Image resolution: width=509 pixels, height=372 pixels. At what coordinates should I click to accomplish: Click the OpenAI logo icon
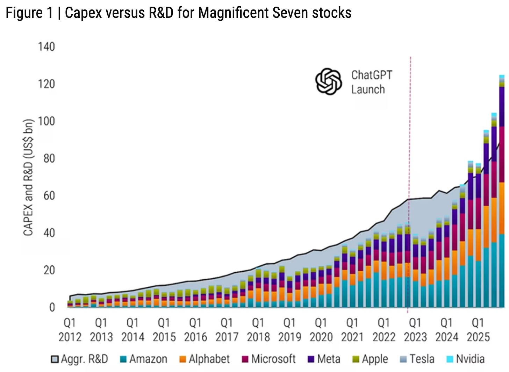328,81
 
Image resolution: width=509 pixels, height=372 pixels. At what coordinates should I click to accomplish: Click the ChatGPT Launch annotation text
371,82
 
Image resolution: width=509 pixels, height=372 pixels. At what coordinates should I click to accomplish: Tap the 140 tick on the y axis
46,46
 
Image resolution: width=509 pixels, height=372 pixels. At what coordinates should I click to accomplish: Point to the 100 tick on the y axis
46,121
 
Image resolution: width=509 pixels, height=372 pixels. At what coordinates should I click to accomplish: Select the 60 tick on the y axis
49,195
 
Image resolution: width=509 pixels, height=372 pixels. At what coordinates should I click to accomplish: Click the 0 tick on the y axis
52,307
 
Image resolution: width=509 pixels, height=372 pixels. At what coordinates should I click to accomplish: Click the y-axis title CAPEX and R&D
28,178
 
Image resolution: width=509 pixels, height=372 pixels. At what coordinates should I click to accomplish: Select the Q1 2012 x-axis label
70,329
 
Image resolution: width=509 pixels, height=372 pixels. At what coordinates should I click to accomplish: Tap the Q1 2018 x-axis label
258,329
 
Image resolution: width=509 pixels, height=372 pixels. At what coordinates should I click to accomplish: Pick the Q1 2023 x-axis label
415,329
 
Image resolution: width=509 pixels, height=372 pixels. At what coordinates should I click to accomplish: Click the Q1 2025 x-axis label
478,329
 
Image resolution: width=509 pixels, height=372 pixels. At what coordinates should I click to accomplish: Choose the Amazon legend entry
143,359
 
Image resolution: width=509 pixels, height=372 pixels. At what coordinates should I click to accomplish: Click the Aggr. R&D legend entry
79,359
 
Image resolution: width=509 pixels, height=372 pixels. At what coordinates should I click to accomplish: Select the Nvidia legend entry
466,359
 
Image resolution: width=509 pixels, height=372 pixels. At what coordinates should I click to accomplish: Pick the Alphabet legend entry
205,359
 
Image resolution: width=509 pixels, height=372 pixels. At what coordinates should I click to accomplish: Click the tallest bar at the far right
502,192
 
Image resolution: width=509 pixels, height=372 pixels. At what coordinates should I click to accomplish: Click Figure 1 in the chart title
29,13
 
